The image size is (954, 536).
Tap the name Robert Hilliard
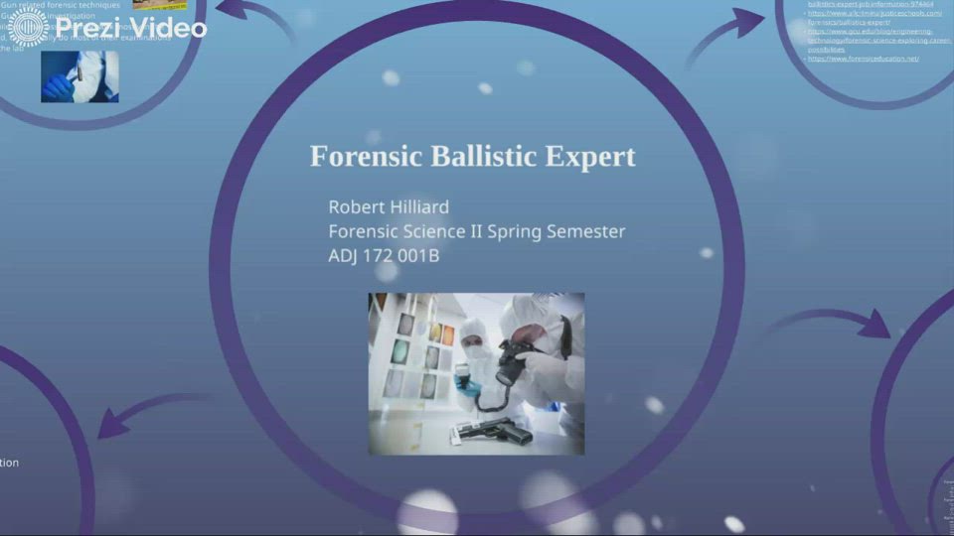pyautogui.click(x=389, y=206)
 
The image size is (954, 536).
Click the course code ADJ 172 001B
pyautogui.click(x=384, y=255)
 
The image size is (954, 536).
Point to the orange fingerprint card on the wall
pyautogui.click(x=447, y=335)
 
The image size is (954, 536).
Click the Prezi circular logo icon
pyautogui.click(x=29, y=29)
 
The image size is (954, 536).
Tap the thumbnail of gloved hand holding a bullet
pyautogui.click(x=79, y=76)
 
